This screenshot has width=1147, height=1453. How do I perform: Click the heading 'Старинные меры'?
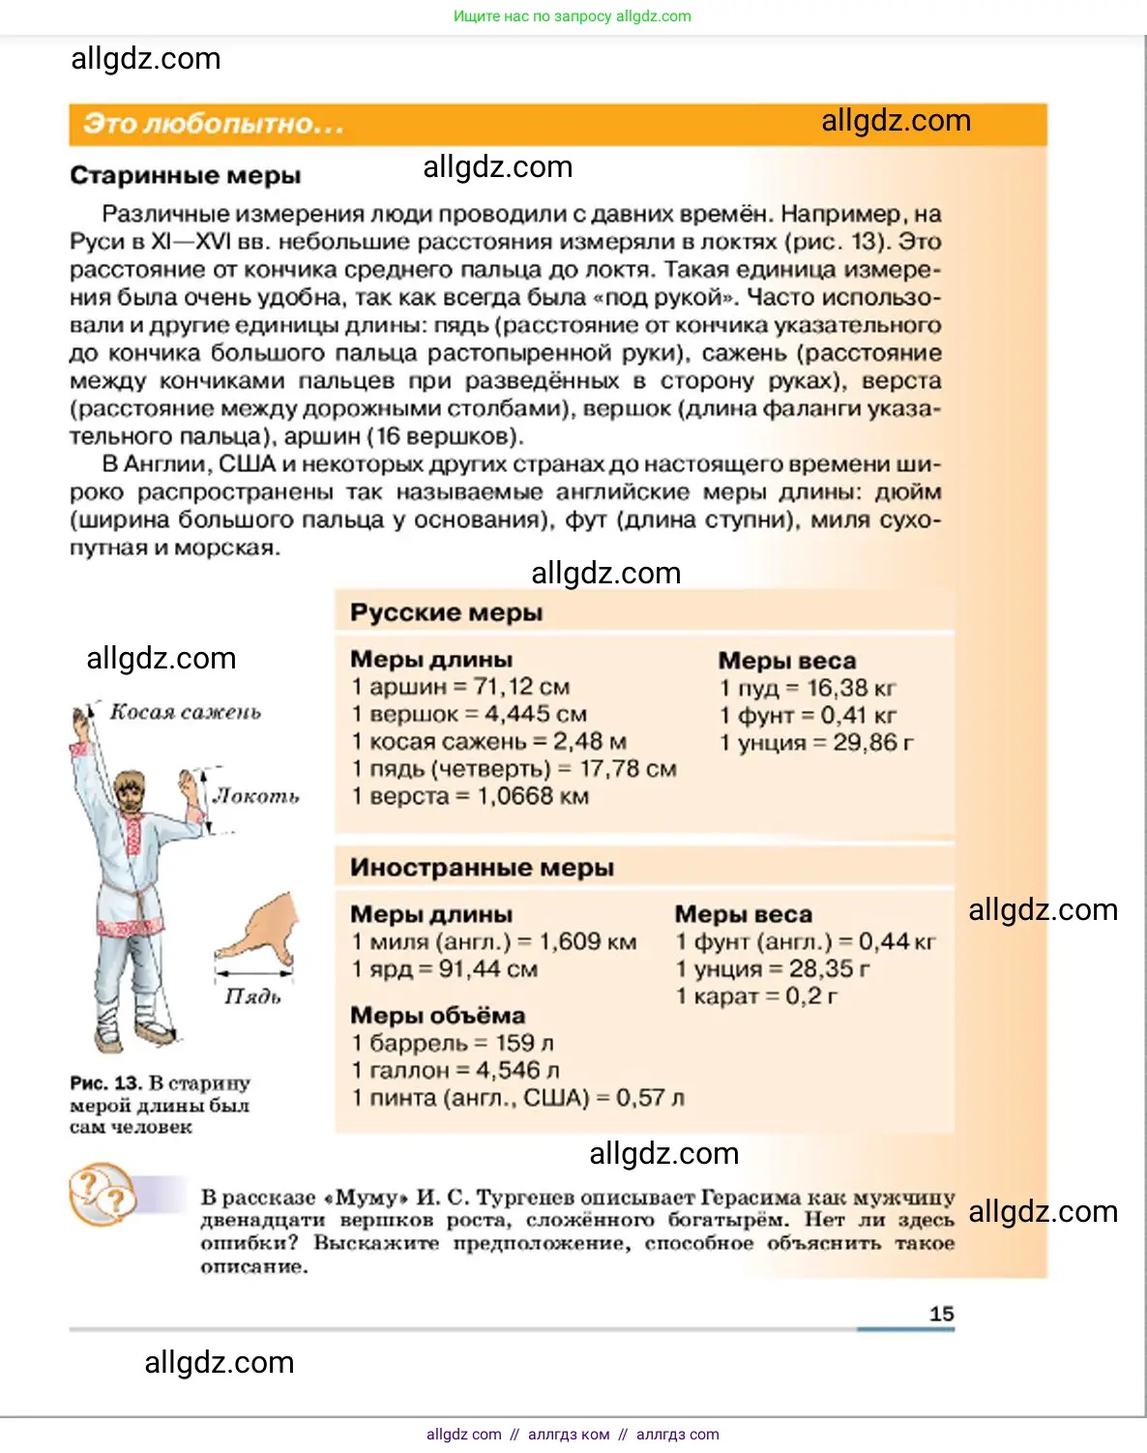click(x=185, y=176)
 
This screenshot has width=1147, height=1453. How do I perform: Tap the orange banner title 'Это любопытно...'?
click(x=213, y=124)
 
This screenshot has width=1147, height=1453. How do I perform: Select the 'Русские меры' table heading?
click(x=446, y=612)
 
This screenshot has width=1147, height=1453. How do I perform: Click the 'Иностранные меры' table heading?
click(x=482, y=868)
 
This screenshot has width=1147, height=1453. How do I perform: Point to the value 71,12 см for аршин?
click(x=522, y=687)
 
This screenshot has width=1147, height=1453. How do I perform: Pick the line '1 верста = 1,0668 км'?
click(x=470, y=796)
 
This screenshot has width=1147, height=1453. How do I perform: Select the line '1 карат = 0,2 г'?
click(x=756, y=996)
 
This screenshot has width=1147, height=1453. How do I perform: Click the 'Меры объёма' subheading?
click(x=437, y=1016)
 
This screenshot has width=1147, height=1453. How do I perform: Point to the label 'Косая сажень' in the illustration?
click(x=185, y=712)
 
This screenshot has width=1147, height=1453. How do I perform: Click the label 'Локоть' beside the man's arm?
click(x=256, y=796)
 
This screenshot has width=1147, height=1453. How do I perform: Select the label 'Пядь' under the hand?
click(x=252, y=996)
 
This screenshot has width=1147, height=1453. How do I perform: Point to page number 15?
click(x=941, y=1314)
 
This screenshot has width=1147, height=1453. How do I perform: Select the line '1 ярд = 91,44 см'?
click(x=444, y=969)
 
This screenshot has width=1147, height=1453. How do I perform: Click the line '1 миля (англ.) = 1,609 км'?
click(x=493, y=941)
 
